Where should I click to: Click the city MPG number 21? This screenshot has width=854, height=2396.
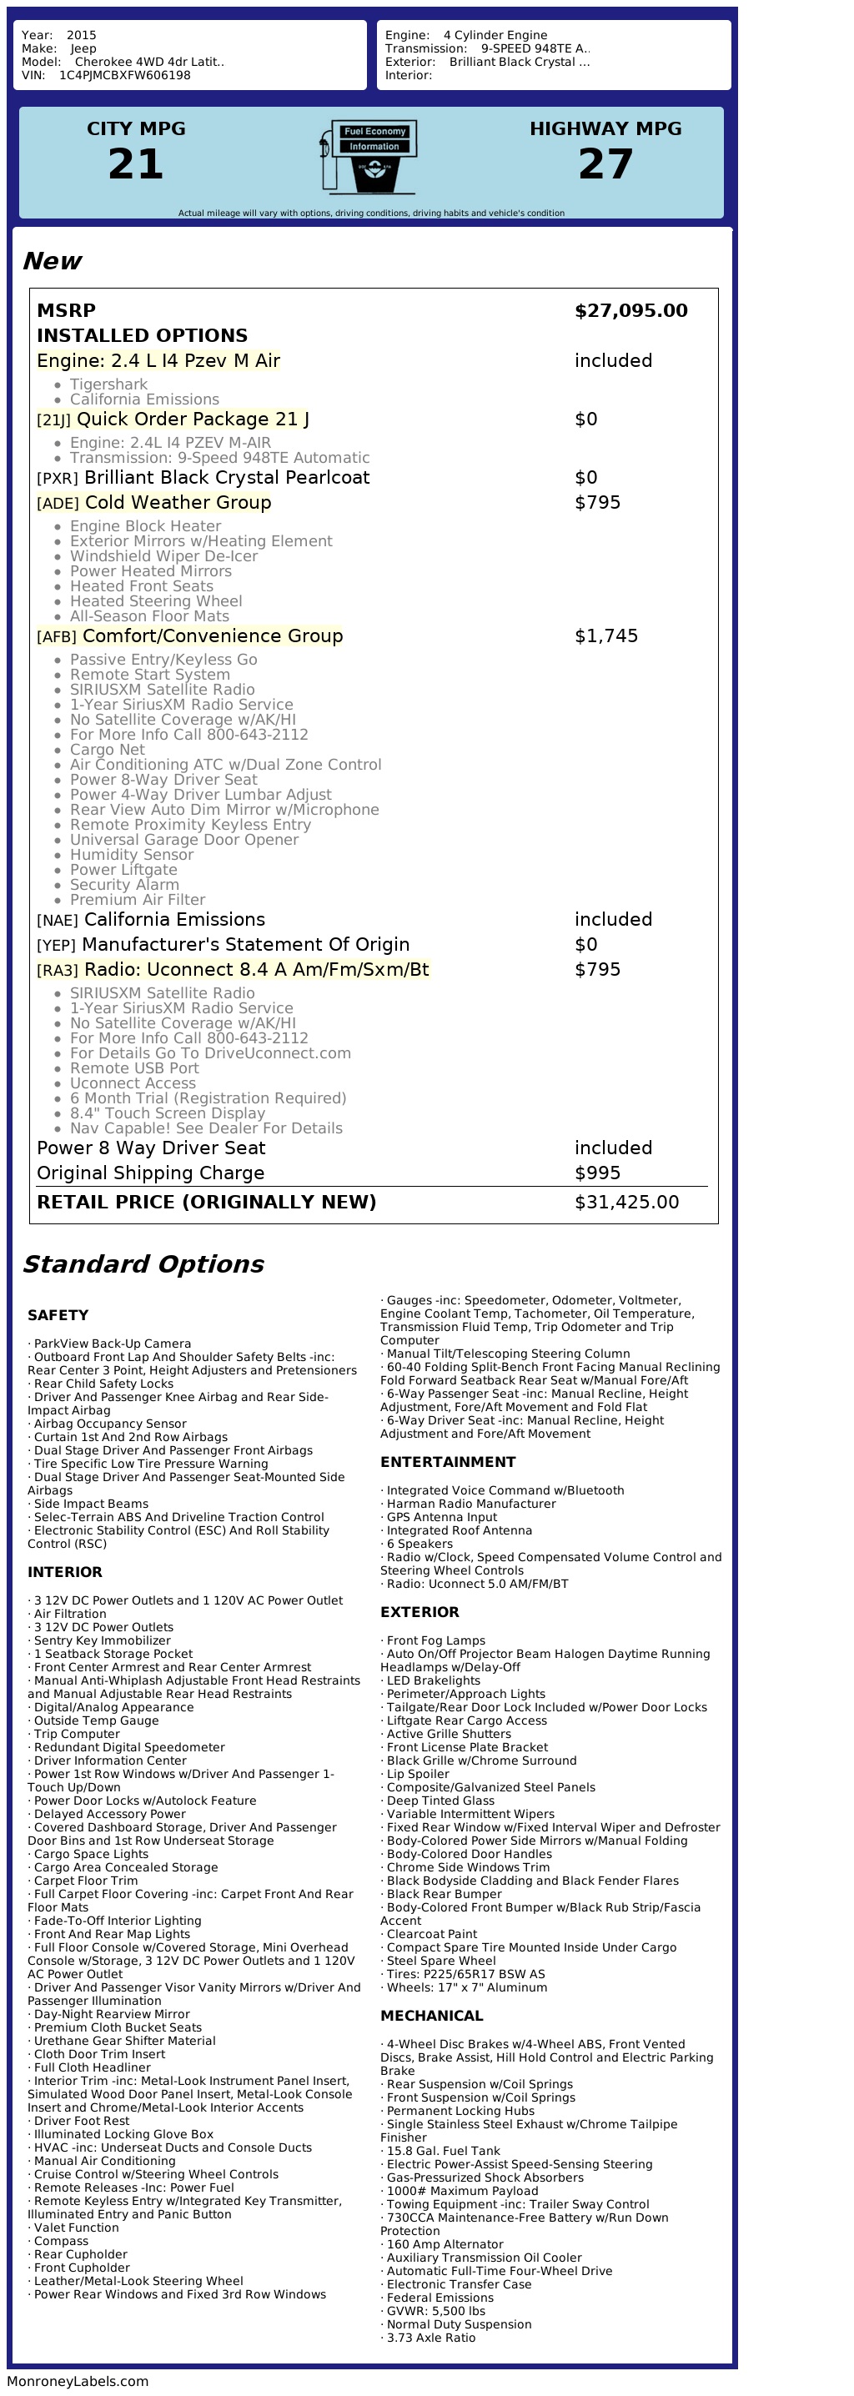coord(136,164)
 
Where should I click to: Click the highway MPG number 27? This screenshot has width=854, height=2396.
coord(605,164)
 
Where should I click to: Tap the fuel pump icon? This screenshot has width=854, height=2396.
coord(370,156)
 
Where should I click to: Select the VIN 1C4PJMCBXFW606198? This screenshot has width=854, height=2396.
coord(124,75)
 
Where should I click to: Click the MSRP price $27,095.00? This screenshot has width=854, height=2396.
coord(630,311)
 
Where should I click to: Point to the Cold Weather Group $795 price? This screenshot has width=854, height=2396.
coord(597,502)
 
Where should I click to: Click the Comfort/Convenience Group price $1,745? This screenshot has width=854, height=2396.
coord(605,636)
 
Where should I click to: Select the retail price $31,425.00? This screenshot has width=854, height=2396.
coord(626,1202)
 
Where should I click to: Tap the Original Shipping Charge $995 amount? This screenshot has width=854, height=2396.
coord(597,1173)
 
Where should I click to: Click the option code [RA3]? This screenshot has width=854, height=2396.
coord(58,970)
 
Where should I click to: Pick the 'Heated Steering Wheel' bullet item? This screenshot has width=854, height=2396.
coord(155,600)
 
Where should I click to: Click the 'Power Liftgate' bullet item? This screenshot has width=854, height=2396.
coord(123,870)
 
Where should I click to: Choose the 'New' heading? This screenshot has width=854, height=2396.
coord(52,261)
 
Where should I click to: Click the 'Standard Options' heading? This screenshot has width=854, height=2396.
coord(143,1264)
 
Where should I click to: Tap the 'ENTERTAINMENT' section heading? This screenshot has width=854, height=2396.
coord(448,1462)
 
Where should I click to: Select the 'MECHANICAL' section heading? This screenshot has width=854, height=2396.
coord(432,2016)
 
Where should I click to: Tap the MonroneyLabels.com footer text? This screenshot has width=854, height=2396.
coord(78,2381)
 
